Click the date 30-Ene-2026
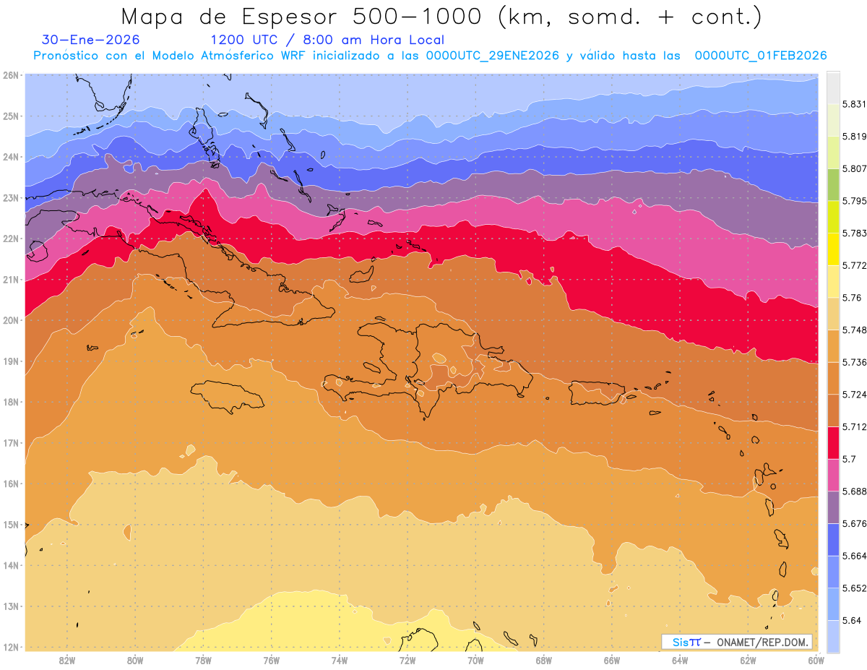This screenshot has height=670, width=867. tap(91, 40)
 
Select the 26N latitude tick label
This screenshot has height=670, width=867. tap(11, 75)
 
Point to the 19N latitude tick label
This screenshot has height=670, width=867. tap(11, 361)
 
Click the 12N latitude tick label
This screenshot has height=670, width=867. tap(11, 647)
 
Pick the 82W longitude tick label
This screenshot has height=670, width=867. tap(67, 660)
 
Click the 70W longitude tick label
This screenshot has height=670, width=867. tap(475, 660)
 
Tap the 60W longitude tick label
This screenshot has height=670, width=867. tap(816, 660)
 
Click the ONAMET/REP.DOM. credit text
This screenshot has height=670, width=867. tap(762, 642)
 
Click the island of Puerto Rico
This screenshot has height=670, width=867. tap(597, 393)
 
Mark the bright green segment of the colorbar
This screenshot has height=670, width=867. tap(833, 184)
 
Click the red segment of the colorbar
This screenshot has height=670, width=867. tap(833, 443)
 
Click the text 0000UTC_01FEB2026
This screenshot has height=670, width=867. tap(760, 56)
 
